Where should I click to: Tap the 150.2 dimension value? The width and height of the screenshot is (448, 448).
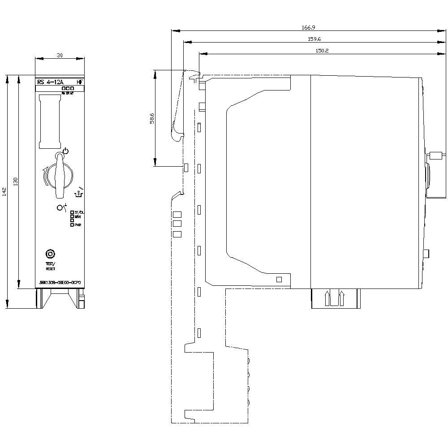(x=322, y=51)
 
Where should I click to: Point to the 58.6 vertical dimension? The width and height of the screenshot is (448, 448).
(x=152, y=118)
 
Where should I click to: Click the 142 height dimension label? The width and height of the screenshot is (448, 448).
(x=4, y=191)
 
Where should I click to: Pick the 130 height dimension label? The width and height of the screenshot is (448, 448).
(x=16, y=181)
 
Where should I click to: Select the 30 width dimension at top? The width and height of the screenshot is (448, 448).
(x=60, y=55)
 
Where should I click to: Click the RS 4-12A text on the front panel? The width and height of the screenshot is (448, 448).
(x=51, y=82)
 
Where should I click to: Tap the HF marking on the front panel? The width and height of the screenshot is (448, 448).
(x=79, y=82)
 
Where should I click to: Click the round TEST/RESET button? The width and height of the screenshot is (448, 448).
(x=50, y=254)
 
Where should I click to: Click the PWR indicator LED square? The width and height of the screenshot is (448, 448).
(x=72, y=225)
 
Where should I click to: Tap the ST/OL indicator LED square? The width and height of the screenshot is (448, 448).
(x=72, y=212)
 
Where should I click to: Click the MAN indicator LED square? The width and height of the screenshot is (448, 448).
(x=72, y=216)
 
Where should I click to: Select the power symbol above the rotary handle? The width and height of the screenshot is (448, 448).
(x=66, y=151)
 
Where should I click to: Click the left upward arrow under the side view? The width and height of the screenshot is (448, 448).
(x=327, y=298)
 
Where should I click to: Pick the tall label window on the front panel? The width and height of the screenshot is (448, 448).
(x=50, y=121)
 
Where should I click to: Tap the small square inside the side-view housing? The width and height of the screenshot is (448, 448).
(x=279, y=280)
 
